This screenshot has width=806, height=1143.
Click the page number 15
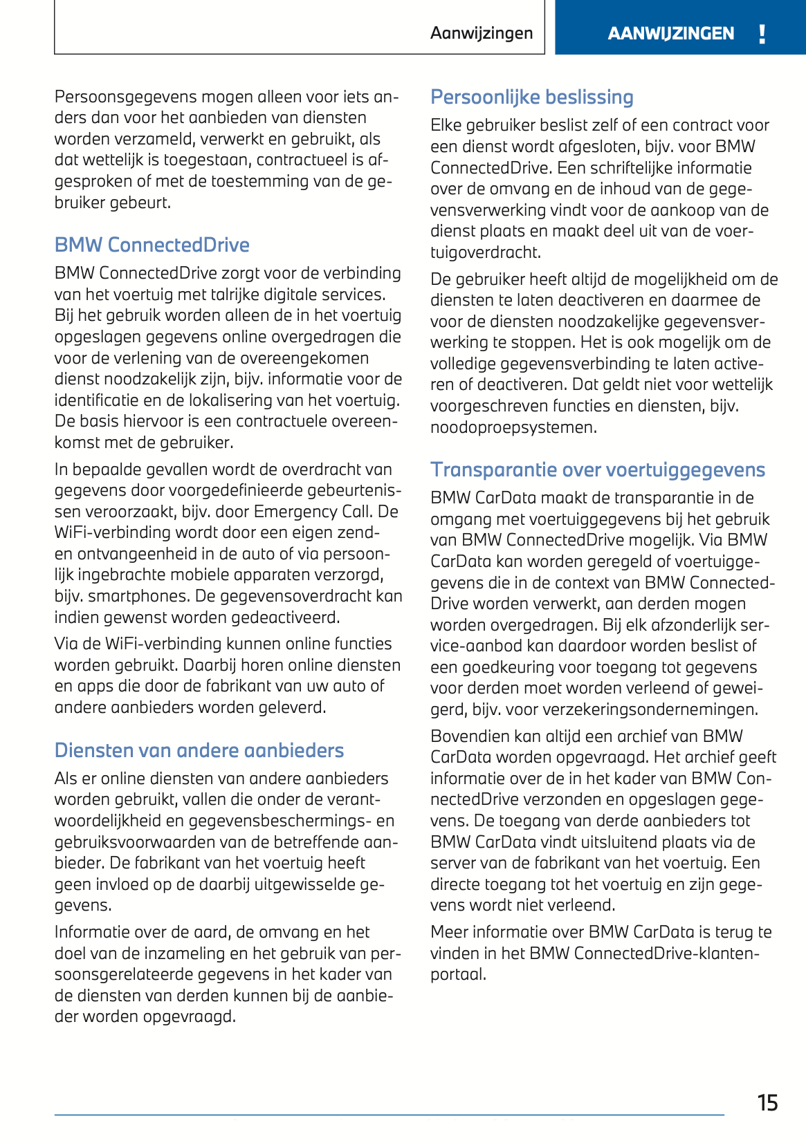click(x=767, y=1102)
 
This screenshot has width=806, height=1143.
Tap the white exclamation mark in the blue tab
click(x=762, y=34)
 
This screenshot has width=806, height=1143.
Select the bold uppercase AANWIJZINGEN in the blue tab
click(x=670, y=34)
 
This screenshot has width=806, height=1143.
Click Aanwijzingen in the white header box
click(x=482, y=33)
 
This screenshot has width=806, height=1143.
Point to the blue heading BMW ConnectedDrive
click(x=152, y=245)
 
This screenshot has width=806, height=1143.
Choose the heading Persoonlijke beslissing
click(x=531, y=97)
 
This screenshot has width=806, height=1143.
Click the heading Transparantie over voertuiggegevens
click(x=597, y=470)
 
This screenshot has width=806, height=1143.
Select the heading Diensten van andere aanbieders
click(x=199, y=750)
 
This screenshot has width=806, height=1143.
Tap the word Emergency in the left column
click(x=295, y=512)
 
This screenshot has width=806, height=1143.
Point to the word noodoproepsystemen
click(x=513, y=427)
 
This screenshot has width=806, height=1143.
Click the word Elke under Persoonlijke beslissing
click(x=446, y=125)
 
